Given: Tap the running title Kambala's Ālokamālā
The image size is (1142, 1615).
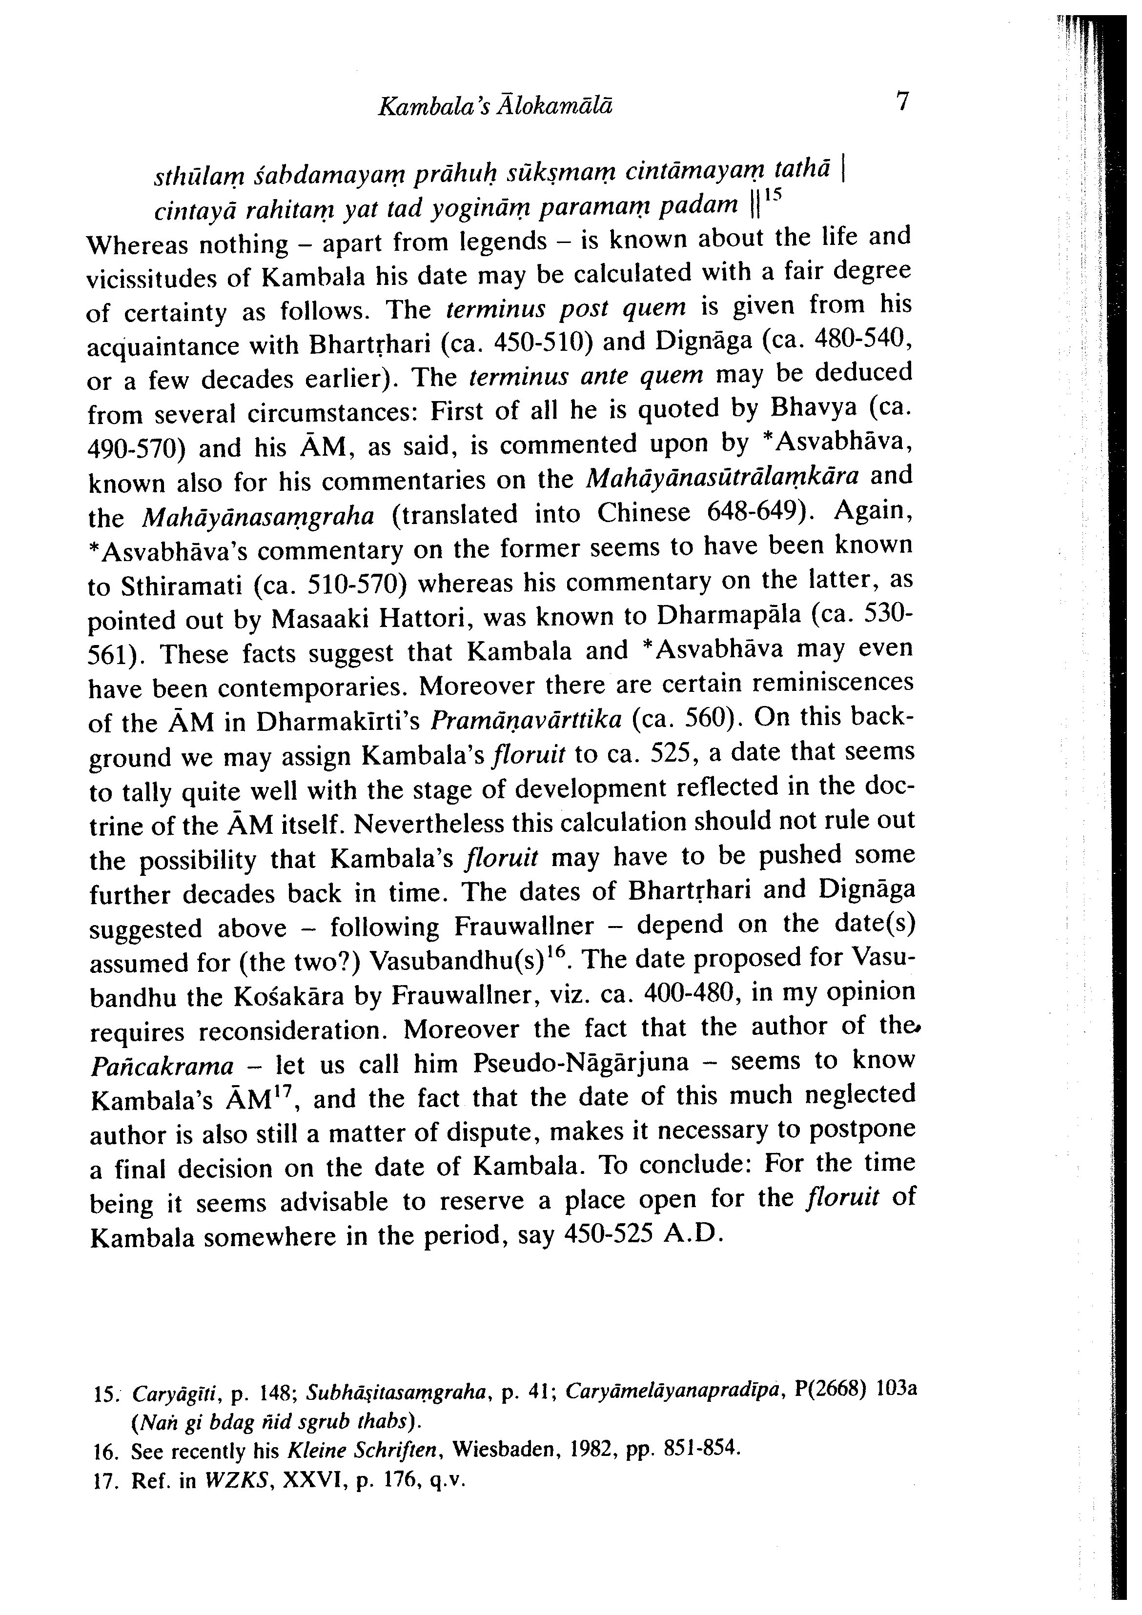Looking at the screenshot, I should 495,106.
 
